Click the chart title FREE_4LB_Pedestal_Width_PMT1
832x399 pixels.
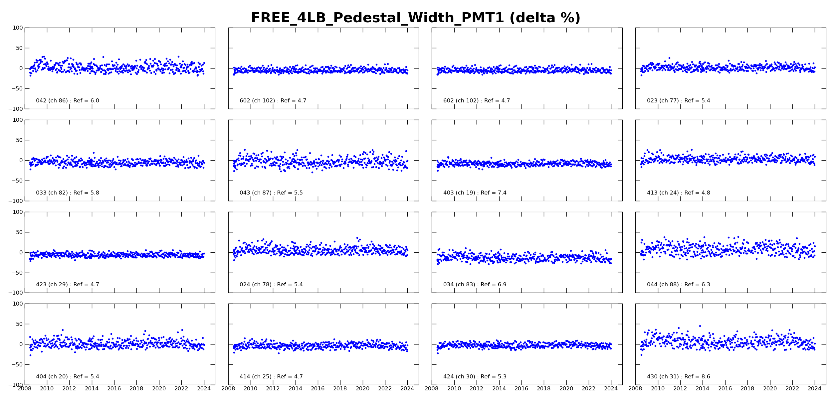[415, 18]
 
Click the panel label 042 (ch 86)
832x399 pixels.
[68, 101]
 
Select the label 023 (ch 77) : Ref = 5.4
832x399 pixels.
[678, 101]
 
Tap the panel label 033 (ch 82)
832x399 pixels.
[68, 193]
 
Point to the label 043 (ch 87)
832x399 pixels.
[271, 193]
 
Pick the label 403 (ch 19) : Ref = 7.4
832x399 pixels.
[475, 193]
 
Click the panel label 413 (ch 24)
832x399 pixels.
[678, 193]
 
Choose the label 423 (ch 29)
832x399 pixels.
[68, 285]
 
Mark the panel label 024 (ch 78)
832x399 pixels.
[271, 285]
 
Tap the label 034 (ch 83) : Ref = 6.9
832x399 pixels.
[475, 285]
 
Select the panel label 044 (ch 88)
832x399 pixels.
[678, 285]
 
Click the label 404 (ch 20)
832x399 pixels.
[68, 377]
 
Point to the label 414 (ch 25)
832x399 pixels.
[271, 377]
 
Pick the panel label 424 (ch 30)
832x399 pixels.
[475, 377]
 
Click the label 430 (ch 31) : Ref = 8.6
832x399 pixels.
[678, 377]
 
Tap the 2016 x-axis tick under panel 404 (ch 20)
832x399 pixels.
[114, 389]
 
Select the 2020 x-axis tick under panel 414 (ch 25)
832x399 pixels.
[362, 389]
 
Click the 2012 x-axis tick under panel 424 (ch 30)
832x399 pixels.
[476, 389]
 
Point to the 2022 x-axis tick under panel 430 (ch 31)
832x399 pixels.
[792, 389]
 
